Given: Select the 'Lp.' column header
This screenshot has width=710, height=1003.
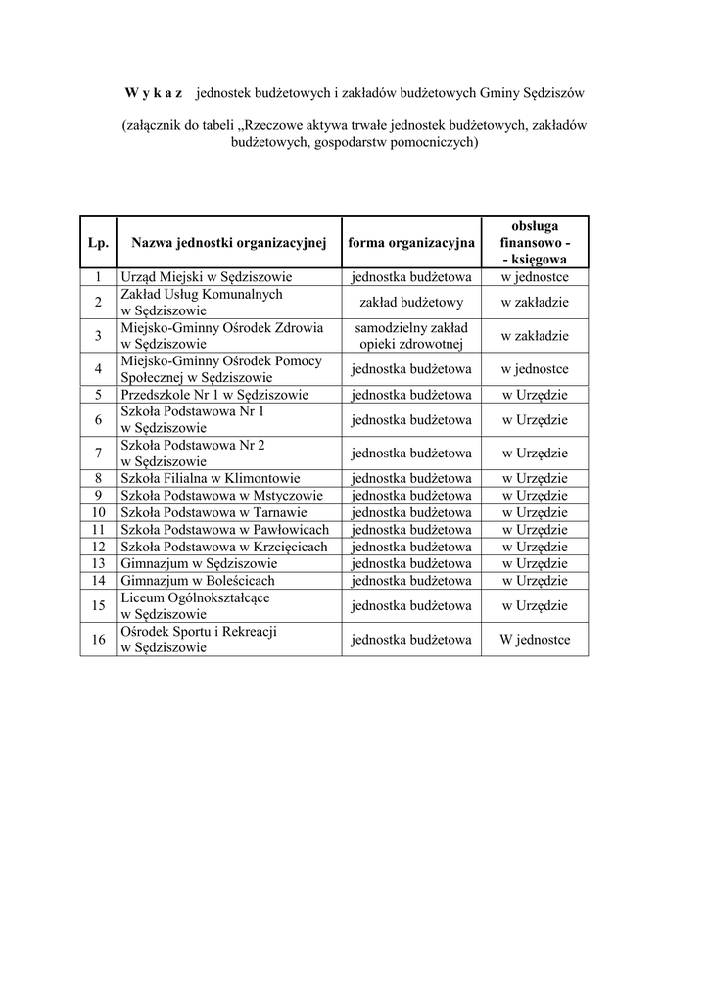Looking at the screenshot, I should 98,242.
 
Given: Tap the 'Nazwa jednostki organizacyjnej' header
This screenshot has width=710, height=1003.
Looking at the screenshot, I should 228,242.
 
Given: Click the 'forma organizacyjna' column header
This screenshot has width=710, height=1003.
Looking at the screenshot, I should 411,242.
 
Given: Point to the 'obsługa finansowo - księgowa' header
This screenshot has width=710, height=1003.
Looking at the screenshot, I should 535,242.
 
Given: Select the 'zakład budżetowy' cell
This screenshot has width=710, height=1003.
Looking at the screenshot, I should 411,303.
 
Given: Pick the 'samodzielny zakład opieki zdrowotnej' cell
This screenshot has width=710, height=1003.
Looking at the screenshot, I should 411,336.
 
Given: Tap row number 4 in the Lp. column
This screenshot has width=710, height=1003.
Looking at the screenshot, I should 98,369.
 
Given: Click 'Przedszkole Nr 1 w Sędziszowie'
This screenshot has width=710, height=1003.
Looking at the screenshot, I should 214,395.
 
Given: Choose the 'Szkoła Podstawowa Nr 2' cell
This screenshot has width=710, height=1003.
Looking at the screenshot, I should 193,453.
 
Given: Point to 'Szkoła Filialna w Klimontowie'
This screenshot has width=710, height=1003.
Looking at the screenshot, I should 211,478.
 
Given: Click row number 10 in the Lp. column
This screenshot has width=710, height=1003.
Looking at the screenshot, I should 98,512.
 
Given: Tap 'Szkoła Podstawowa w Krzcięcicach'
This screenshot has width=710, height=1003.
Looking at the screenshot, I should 224,546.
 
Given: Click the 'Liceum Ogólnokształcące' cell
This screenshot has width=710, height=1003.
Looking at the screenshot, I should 195,605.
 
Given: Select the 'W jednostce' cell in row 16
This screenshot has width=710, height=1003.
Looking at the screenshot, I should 535,640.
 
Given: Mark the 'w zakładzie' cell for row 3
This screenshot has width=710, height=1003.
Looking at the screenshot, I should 535,336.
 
